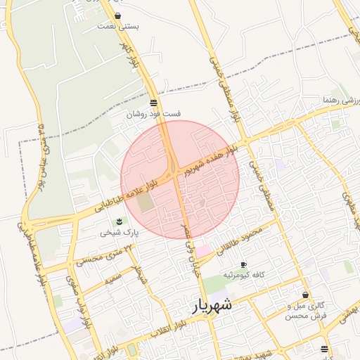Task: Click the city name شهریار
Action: tap(211, 307)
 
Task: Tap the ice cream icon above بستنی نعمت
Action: tap(117, 15)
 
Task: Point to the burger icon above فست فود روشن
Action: tap(154, 103)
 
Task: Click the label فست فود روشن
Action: tap(154, 113)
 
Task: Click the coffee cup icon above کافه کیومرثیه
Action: tap(243, 265)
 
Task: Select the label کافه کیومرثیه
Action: tap(243, 276)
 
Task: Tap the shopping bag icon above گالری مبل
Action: tap(305, 295)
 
